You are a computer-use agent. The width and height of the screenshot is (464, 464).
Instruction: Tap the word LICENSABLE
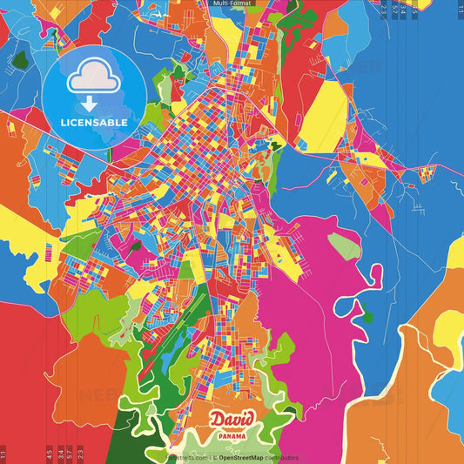point(94,123)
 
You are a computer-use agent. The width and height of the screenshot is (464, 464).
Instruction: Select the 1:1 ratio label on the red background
point(3,454)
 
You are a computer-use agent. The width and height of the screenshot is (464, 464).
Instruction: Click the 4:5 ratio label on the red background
point(50,454)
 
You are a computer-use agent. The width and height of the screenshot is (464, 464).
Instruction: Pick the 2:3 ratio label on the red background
point(80,454)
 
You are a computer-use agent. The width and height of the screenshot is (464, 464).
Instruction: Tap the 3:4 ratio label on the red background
point(60,454)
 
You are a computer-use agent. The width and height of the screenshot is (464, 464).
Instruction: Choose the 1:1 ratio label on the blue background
point(460,9)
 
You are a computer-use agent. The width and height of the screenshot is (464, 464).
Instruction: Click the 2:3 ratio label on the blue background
point(383,9)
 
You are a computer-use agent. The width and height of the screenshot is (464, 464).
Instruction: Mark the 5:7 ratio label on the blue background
point(394,9)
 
